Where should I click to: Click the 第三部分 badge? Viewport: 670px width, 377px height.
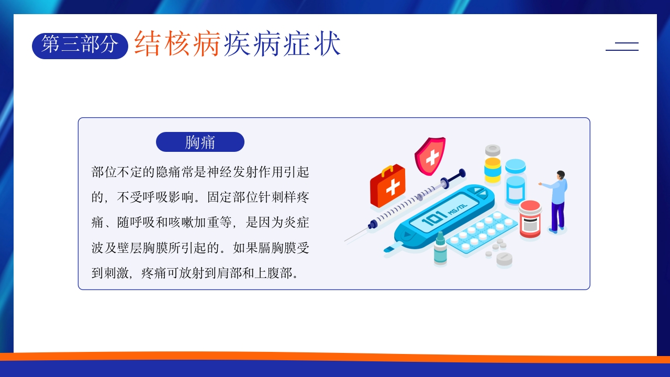click(80, 46)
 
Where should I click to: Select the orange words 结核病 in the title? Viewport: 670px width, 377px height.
click(177, 43)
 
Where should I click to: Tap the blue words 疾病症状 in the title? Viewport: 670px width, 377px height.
click(282, 43)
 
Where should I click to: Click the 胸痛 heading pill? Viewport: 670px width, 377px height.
click(200, 142)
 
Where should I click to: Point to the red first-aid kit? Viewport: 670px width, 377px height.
click(388, 185)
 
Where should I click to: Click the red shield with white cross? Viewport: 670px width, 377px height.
click(430, 156)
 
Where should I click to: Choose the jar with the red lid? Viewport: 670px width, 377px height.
click(530, 219)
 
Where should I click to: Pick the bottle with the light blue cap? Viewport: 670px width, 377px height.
click(515, 181)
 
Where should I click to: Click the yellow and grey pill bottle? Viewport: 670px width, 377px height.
click(493, 164)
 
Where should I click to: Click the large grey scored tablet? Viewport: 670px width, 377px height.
click(504, 259)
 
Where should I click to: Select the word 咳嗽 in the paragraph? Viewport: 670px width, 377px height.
click(181, 222)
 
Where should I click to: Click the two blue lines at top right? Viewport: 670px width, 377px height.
click(622, 47)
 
